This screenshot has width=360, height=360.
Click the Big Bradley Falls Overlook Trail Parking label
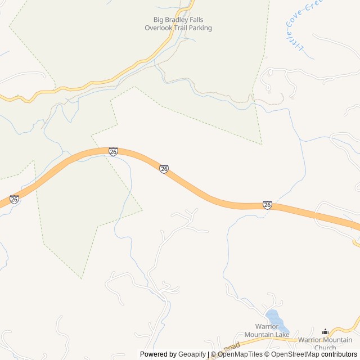178,24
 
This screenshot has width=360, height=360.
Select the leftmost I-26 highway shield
14,199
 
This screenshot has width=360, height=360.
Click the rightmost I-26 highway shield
267,205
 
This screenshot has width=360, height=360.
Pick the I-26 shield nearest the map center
164,169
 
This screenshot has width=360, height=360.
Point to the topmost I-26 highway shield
113,152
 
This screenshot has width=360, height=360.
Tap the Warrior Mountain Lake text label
272,331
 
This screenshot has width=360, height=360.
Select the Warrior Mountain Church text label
325,343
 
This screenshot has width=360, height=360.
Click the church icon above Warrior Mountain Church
325,332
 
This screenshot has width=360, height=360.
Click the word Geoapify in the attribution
192,354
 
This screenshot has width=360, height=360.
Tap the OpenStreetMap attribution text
295,354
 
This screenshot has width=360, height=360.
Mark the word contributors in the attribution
339,354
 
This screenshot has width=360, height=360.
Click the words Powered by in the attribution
157,354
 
